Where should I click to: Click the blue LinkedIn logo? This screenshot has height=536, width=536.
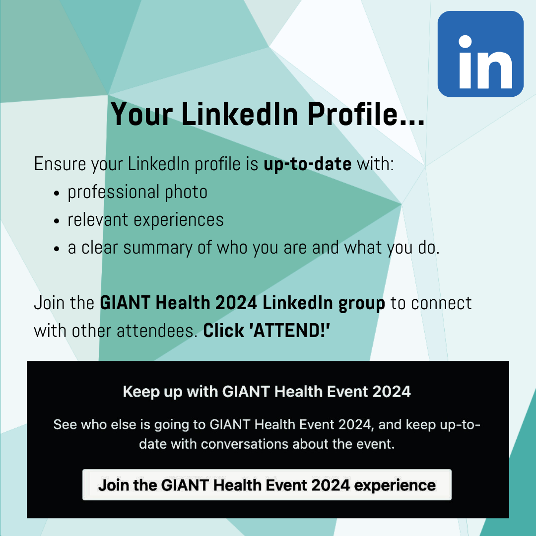click(480, 54)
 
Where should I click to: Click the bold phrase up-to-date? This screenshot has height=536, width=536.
click(307, 164)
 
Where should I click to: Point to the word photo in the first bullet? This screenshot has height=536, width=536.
click(186, 192)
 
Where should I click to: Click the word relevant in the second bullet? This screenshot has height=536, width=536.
click(98, 219)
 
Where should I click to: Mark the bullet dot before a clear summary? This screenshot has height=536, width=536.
click(57, 249)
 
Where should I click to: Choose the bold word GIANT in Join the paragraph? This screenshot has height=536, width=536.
click(125, 303)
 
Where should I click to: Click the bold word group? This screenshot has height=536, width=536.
click(362, 304)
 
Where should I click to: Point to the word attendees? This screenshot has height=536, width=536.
click(157, 331)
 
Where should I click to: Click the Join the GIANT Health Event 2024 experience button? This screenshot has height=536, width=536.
click(267, 485)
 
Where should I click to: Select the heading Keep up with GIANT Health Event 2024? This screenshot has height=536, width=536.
click(267, 392)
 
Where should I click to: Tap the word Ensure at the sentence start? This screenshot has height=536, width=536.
click(60, 164)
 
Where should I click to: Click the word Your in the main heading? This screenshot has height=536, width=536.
click(141, 114)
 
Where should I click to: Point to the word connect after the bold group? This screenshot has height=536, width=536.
click(441, 303)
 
